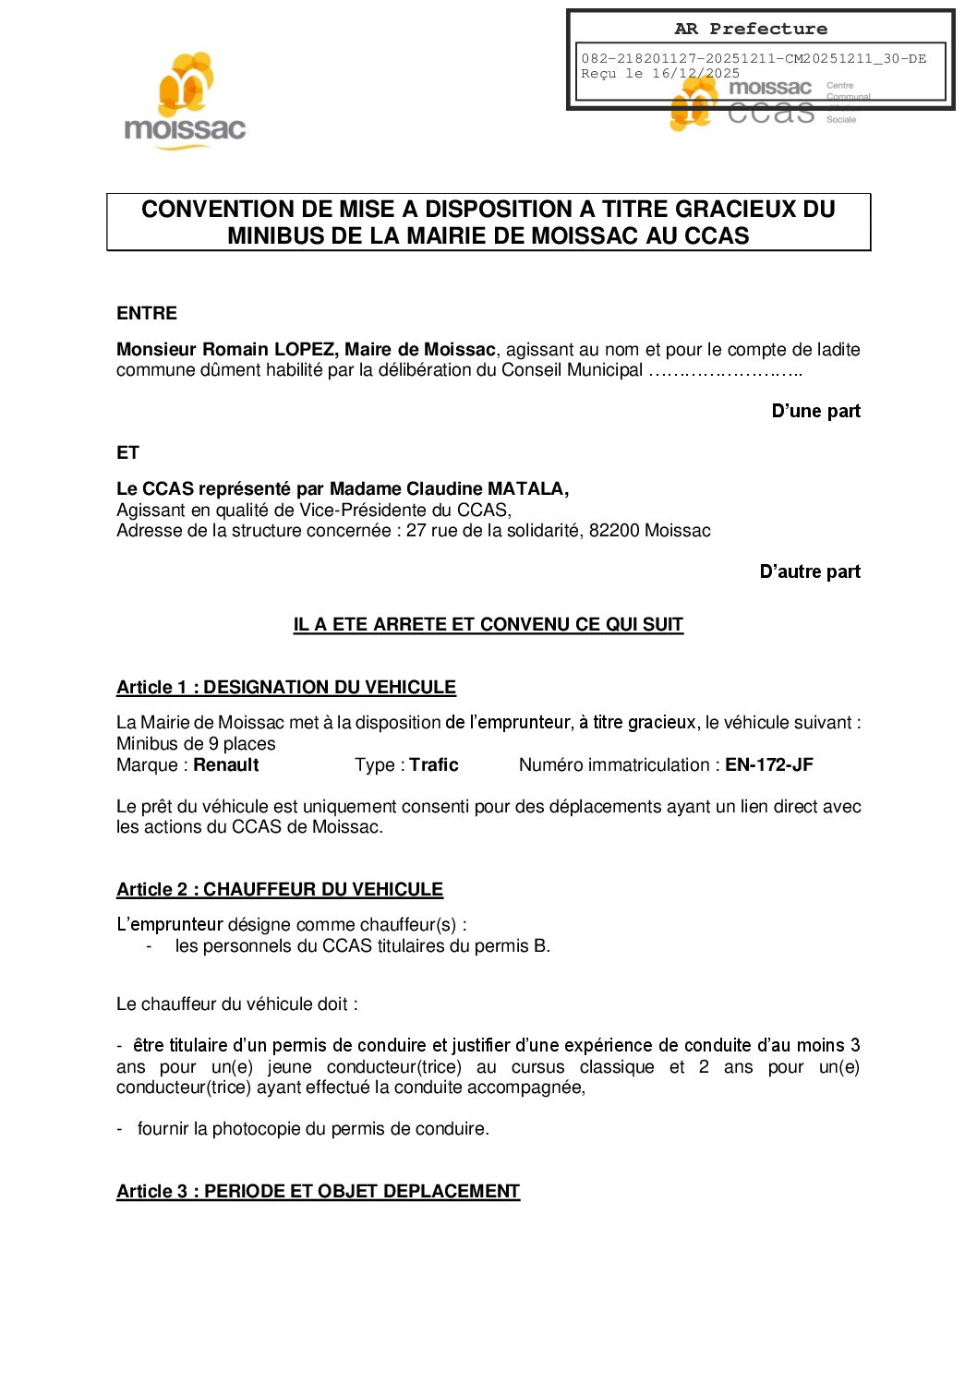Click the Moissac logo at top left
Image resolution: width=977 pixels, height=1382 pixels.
(x=185, y=102)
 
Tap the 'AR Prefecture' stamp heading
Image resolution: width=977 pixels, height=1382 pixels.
(x=751, y=29)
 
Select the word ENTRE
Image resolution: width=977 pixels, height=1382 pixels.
(x=147, y=314)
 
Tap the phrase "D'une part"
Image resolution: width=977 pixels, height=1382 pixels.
(x=815, y=412)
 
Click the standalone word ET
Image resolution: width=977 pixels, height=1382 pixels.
(x=127, y=453)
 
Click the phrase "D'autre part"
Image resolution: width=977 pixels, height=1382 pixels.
(x=810, y=572)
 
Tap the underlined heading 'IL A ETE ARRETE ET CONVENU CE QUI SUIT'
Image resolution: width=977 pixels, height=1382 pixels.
(x=488, y=625)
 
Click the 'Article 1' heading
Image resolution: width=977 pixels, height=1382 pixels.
(x=285, y=688)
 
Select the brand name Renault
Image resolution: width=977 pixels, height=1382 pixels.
(x=226, y=765)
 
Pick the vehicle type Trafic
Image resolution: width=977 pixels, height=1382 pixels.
(x=434, y=765)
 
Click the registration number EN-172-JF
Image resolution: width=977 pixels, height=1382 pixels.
(x=768, y=765)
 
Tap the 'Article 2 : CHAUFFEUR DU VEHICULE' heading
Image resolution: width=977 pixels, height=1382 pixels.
(x=279, y=890)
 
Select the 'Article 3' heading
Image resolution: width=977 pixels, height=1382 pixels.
(x=318, y=1192)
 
